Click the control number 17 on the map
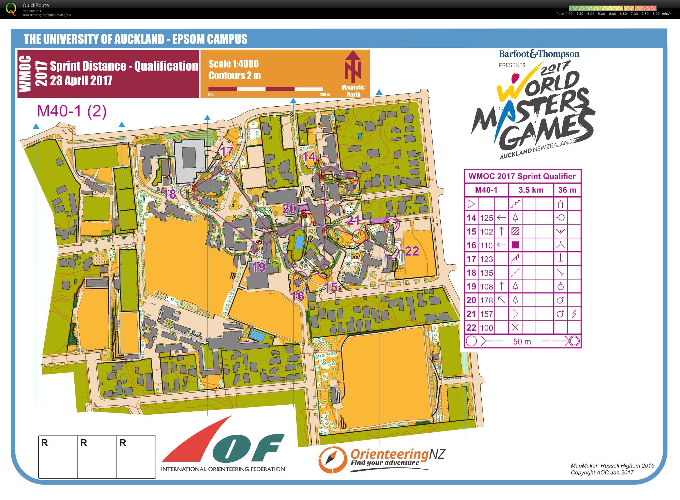coord(226,151)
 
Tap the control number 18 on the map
coord(169,194)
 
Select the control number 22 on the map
coord(412,251)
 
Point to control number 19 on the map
coord(259,267)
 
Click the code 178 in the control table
coord(486,300)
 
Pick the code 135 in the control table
coord(486,273)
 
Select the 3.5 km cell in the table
coord(531,190)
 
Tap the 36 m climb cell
coord(567,190)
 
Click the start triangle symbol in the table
coord(471,204)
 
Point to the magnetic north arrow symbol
coord(353,67)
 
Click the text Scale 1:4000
coord(233,64)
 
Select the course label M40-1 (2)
coord(72,111)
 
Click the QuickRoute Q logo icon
coord(11,9)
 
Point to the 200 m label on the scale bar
coord(324,94)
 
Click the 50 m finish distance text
coord(522,341)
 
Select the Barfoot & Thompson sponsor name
coord(539,54)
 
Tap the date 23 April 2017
coord(81,80)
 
